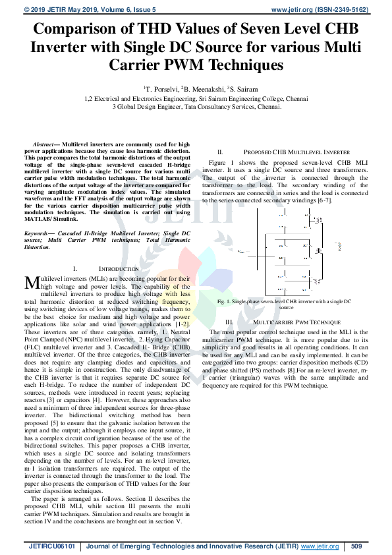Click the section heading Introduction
coord(119,269)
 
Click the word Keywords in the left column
coord(40,234)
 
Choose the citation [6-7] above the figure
coord(322,200)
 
